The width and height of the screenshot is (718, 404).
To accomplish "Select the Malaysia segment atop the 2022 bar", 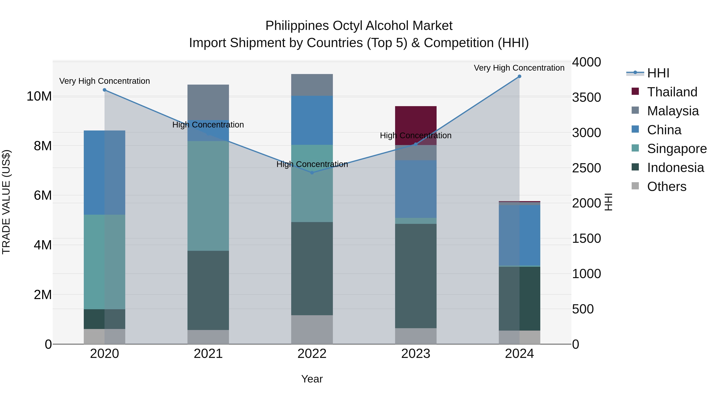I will (x=312, y=85).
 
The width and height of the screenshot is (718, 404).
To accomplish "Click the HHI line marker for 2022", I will (x=312, y=173).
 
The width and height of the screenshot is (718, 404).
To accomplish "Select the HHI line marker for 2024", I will (x=519, y=76).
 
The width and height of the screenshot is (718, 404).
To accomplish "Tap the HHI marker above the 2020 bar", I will (x=105, y=90).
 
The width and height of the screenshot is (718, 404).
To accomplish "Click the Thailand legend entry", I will (x=672, y=92).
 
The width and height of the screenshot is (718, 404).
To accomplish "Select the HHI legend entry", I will (x=658, y=73).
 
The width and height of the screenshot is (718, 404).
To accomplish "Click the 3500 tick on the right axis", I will (x=586, y=97).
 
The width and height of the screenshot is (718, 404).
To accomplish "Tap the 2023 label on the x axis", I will (x=416, y=354).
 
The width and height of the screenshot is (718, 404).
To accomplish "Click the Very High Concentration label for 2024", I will (x=519, y=68).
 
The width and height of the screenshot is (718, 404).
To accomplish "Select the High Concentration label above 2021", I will (x=208, y=125).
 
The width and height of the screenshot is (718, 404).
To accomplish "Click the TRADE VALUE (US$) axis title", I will (x=6, y=202).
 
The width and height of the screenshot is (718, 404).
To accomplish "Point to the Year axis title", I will (x=312, y=379).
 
